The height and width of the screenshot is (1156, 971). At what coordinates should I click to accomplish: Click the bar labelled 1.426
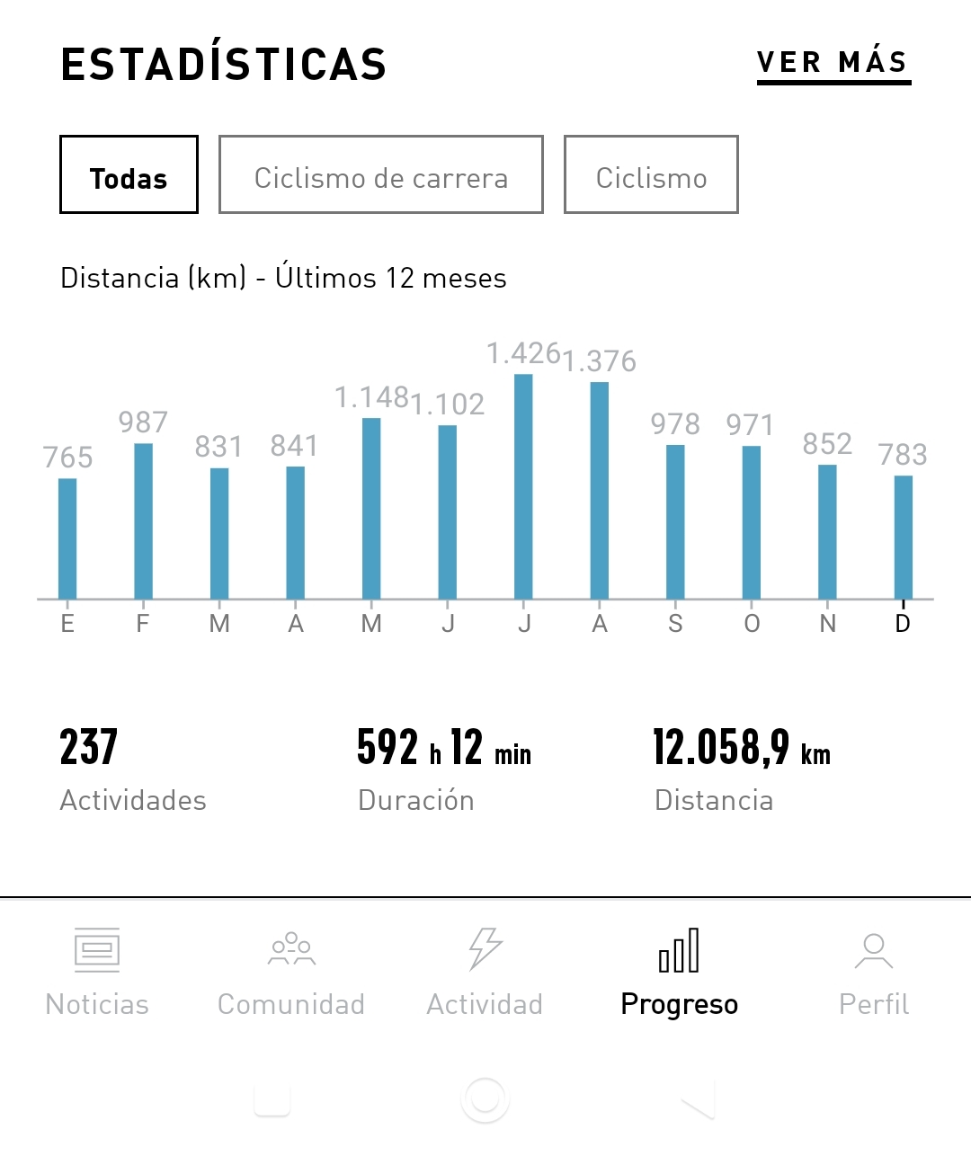523,485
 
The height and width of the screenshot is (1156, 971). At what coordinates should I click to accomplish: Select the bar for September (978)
675,521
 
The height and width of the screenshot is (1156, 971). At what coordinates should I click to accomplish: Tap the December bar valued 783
903,537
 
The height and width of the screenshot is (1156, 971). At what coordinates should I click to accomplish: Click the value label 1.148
371,397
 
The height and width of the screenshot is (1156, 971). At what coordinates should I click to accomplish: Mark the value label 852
827,444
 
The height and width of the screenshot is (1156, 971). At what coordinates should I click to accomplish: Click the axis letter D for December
903,624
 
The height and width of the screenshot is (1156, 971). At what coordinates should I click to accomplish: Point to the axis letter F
143,624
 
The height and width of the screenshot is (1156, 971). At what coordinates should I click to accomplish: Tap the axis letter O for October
752,624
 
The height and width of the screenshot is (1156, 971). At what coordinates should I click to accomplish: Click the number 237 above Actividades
89,748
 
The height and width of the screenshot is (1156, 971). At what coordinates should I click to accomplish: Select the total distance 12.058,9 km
741,748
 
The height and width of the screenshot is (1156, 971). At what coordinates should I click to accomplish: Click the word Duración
415,800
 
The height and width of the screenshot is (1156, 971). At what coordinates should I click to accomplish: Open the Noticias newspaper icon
97,950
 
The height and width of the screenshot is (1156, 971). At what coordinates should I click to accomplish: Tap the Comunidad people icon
291,949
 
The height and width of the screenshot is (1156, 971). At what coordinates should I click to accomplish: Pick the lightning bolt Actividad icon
485,949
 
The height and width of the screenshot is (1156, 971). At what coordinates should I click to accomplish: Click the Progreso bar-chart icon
679,950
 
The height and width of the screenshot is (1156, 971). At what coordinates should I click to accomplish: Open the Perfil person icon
873,950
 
